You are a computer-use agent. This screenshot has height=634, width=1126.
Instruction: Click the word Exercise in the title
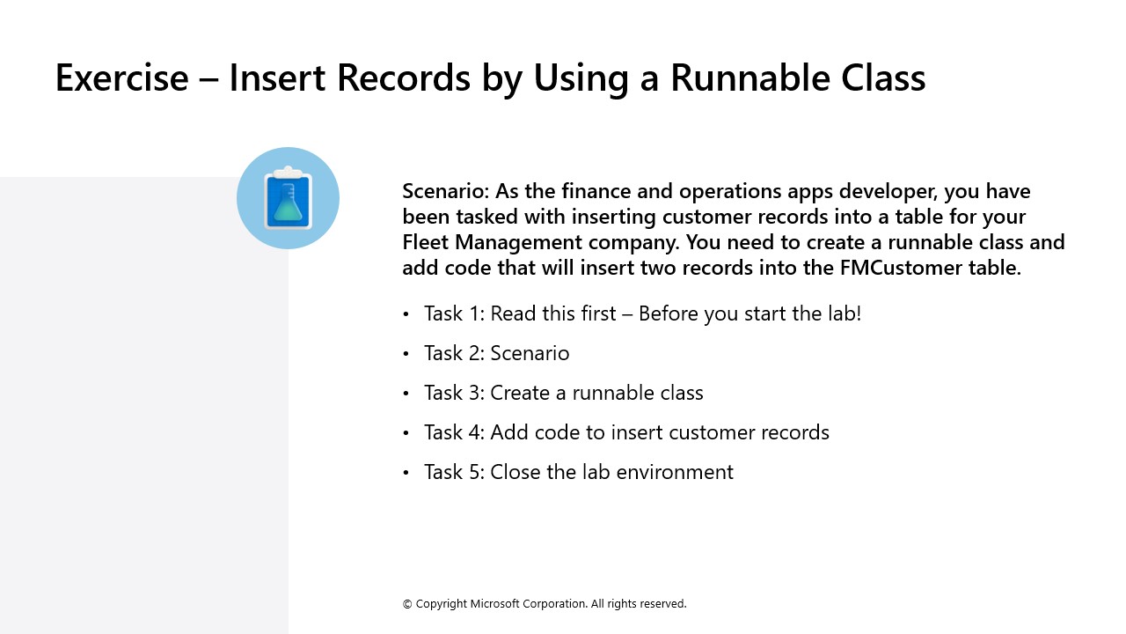pos(121,77)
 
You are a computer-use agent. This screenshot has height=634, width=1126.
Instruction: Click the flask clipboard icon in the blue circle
pos(288,198)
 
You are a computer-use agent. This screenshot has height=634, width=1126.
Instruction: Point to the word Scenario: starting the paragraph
pos(445,191)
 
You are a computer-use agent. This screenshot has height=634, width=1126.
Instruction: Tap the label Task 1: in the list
pos(454,313)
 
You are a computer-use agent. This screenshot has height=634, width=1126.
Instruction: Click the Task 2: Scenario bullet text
pos(496,353)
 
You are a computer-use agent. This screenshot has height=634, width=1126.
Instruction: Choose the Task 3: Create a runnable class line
pos(563,393)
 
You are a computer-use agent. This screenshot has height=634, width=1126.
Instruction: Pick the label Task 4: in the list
pos(454,432)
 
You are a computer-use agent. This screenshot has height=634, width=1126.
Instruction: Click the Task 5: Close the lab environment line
pos(578,472)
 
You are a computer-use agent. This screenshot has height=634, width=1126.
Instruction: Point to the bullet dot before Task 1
pos(406,314)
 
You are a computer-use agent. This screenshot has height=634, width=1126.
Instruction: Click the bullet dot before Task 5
pos(406,473)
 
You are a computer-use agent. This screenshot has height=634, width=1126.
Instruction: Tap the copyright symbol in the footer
pos(407,604)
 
